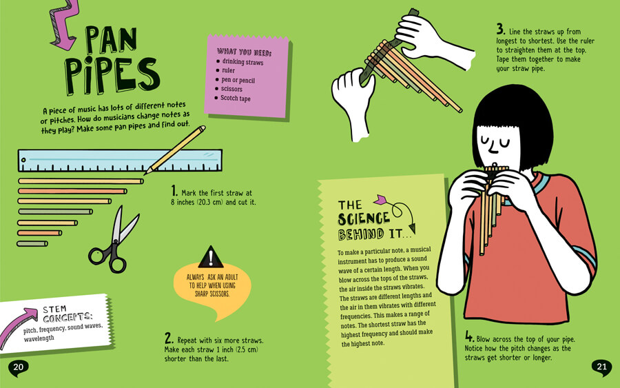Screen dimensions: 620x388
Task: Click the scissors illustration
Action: pos(114,241)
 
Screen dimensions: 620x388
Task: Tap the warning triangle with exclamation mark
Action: pos(210,257)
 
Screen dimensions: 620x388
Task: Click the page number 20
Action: pos(18,367)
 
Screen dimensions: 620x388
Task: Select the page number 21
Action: pos(601,367)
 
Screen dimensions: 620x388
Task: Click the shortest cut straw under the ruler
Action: pos(32,244)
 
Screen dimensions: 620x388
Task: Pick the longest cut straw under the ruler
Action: pos(81,181)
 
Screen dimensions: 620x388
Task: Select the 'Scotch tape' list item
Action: pos(236,98)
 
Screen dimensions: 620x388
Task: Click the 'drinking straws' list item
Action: pos(242,62)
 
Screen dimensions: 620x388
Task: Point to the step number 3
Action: pos(501,29)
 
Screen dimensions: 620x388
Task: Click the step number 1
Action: pos(174,191)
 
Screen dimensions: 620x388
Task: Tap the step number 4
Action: pos(469,336)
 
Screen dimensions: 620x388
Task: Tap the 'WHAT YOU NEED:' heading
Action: pos(244,52)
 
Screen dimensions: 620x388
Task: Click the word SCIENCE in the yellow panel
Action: pos(364,218)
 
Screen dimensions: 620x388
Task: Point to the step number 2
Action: pos(169,338)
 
